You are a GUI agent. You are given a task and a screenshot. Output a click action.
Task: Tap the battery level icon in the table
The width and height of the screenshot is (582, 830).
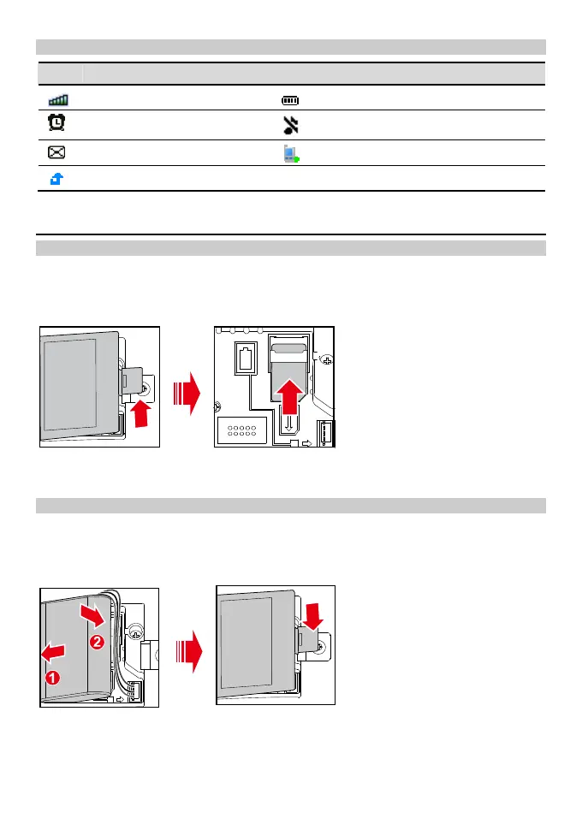pos(290,101)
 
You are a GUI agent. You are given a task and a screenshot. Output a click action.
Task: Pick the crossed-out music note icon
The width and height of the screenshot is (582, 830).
pos(291,126)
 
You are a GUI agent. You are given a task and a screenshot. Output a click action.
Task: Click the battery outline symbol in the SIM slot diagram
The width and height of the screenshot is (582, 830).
pos(247,358)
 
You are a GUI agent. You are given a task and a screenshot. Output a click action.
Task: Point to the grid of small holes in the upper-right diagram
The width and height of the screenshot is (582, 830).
pos(244,430)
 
